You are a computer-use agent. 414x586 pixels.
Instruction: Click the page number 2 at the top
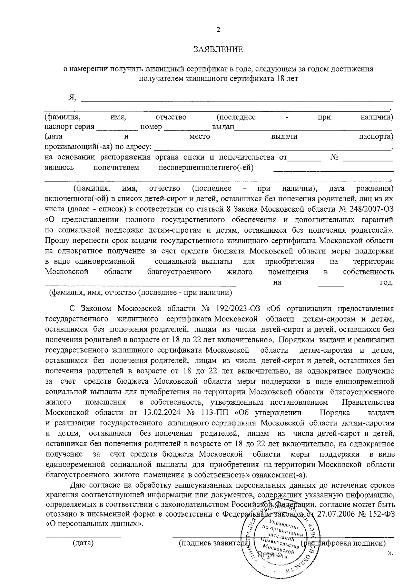[x=218, y=30]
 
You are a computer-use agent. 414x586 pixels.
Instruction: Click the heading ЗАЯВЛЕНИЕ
[x=218, y=50]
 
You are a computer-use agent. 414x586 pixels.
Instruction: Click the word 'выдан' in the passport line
[x=223, y=127]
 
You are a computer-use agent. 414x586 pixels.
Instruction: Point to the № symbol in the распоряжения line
[x=334, y=157]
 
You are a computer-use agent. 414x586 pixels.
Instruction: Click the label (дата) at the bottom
[x=83, y=543]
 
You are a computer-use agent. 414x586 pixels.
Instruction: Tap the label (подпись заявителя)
[x=214, y=543]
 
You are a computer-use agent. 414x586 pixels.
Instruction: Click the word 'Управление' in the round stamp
[x=285, y=522]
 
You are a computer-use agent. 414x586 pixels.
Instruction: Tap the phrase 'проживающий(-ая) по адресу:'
[x=98, y=147]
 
